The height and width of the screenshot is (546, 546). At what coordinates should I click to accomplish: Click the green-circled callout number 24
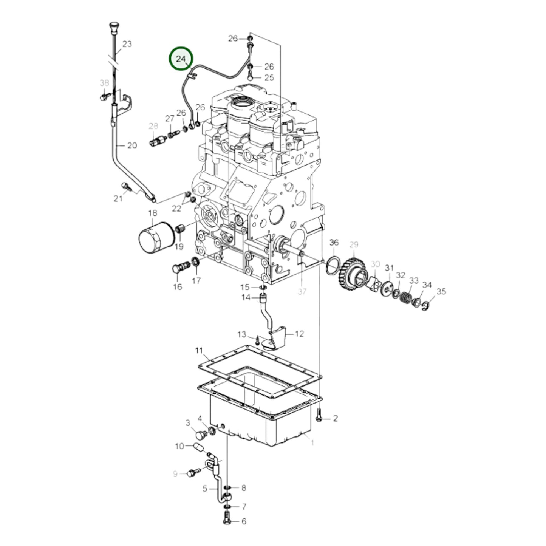coord(181,59)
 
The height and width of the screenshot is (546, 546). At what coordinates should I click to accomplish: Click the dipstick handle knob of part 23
coord(114,28)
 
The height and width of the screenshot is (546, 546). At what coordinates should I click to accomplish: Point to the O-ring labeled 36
coord(334,266)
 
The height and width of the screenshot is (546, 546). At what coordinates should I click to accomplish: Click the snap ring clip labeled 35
coord(426,306)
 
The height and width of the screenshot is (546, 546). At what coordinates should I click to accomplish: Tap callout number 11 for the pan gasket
coord(199,351)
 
